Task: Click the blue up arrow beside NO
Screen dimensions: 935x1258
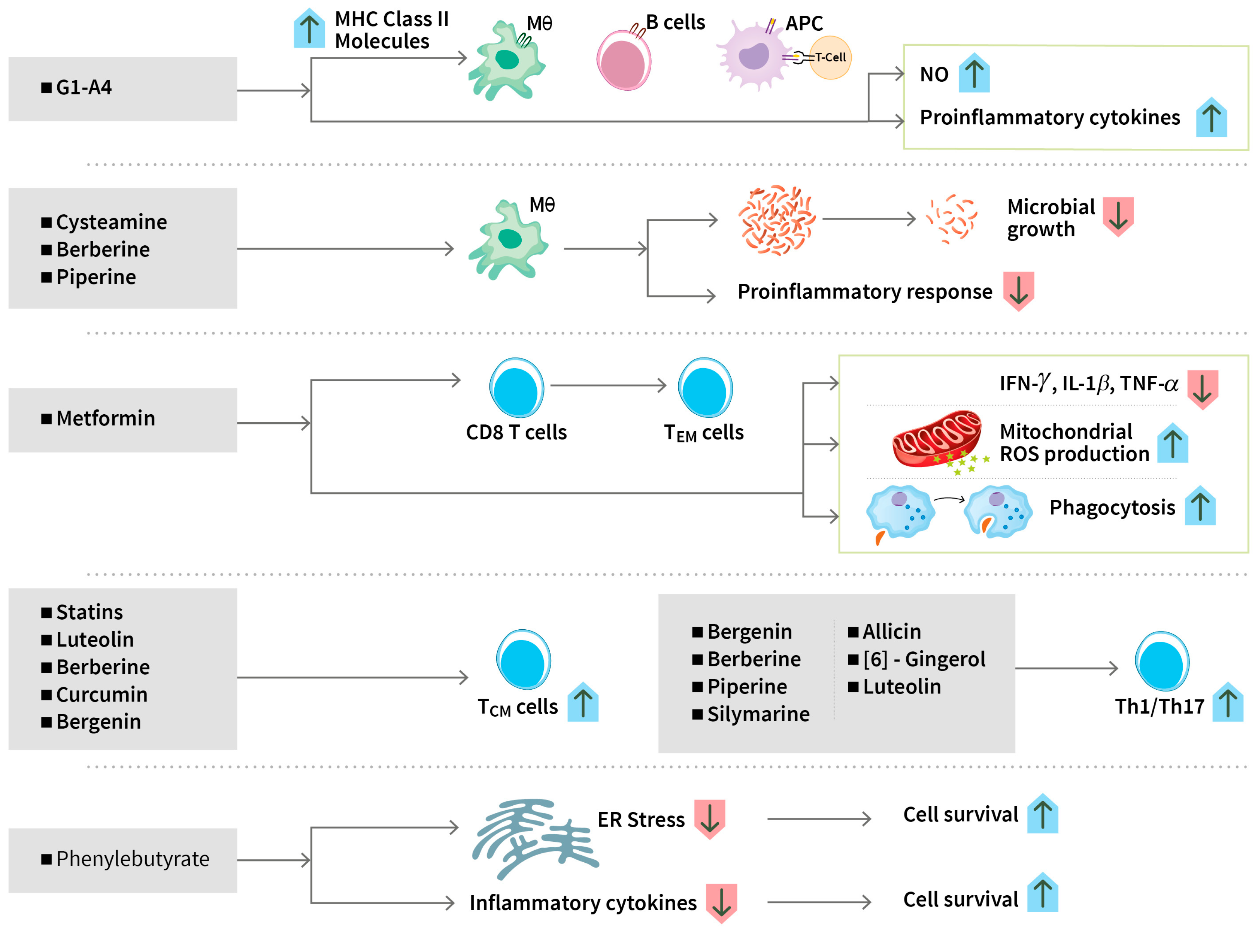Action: pyautogui.click(x=974, y=73)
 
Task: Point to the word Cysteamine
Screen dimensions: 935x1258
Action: pyautogui.click(x=112, y=222)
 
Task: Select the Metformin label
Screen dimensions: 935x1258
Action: pyautogui.click(x=105, y=419)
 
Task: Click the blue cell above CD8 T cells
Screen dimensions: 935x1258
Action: pyautogui.click(x=516, y=388)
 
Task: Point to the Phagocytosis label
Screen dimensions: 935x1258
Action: pyautogui.click(x=1112, y=508)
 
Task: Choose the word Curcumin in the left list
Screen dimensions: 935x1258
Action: pyautogui.click(x=102, y=695)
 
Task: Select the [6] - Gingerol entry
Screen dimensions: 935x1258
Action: pyautogui.click(x=924, y=659)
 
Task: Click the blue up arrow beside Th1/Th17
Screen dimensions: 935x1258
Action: pyautogui.click(x=1227, y=702)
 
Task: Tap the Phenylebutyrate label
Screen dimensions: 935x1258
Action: pyautogui.click(x=133, y=859)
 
